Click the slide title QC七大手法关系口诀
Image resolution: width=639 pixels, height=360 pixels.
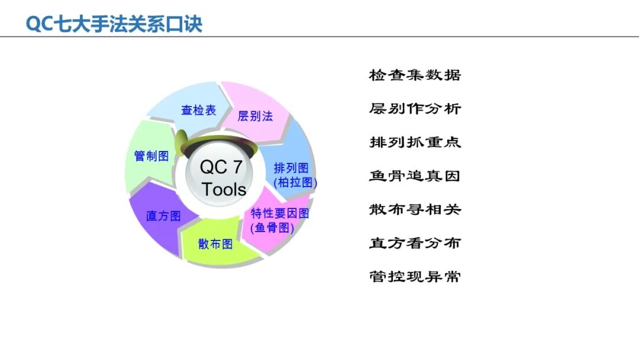pos(114,24)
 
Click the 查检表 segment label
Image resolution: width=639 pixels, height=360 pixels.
pos(199,110)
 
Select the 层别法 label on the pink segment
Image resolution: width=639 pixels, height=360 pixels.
pos(255,116)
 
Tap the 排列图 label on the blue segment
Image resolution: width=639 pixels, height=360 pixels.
pos(291,169)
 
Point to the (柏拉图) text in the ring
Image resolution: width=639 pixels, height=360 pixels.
pos(295,183)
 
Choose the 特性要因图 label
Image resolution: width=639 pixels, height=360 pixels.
pos(280,213)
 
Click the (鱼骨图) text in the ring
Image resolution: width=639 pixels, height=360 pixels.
pos(272,227)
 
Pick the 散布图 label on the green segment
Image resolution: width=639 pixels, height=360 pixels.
pos(215,243)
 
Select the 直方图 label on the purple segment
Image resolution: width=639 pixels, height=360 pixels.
pos(163,216)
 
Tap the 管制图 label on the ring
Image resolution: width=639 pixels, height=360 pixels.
pos(151,156)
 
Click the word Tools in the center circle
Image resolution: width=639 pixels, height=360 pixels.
pos(224,189)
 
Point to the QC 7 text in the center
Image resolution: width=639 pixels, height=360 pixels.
pos(221,167)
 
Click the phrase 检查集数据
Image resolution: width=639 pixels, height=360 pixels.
pos(415,75)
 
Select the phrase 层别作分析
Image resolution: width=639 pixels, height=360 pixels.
pos(415,109)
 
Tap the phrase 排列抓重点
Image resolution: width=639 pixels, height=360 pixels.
pos(415,142)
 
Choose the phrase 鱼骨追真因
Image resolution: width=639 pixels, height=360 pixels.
pos(415,176)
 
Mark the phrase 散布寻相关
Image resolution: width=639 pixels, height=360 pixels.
pos(415,210)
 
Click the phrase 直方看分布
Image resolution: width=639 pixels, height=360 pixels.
pos(415,243)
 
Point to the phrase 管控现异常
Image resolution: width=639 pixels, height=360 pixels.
pos(415,277)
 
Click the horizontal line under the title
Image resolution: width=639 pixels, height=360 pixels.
pos(319,37)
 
